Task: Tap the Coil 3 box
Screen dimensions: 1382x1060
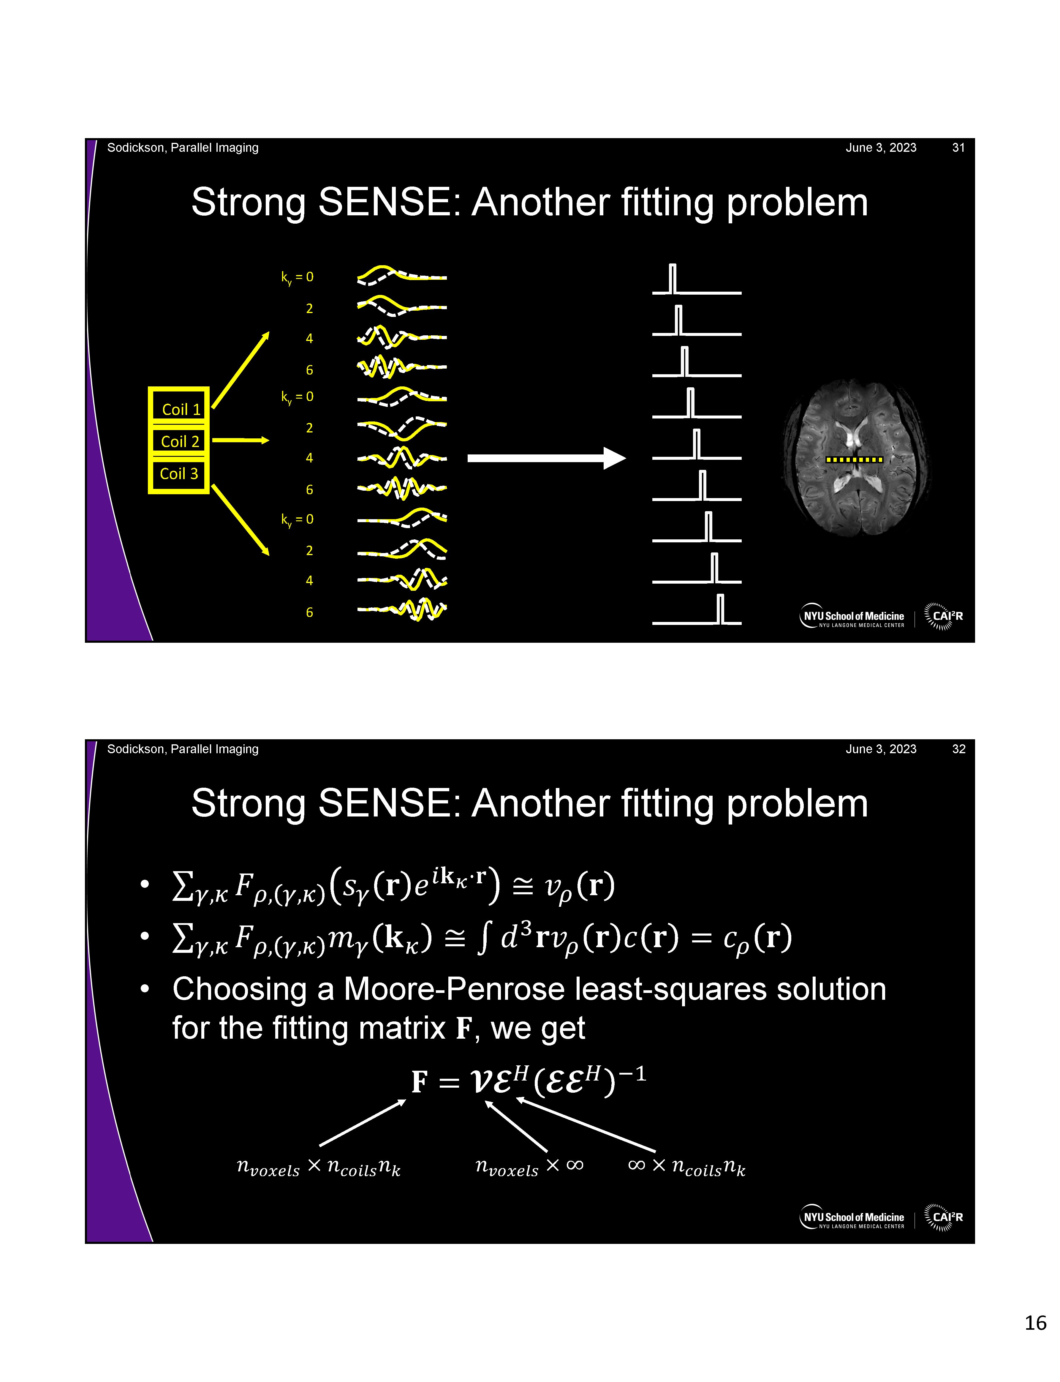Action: point(179,473)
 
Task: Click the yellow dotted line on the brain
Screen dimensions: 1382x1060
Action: point(854,459)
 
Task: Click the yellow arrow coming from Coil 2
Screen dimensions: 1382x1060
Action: point(240,440)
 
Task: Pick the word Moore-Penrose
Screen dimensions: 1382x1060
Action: point(454,989)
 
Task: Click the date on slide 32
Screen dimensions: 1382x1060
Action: point(881,749)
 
